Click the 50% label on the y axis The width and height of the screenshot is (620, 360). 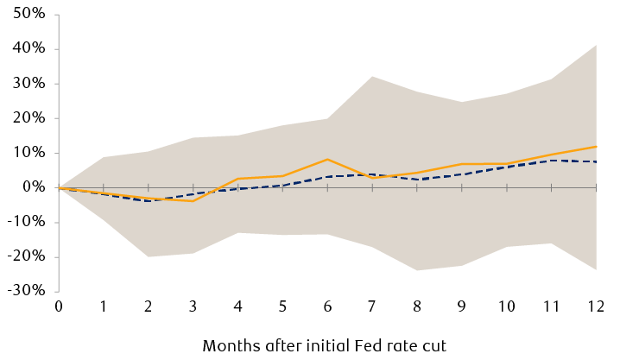pyautogui.click(x=28, y=15)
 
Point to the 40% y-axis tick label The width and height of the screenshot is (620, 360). pyautogui.click(x=28, y=49)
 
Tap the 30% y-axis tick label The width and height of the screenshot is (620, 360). pyautogui.click(x=28, y=84)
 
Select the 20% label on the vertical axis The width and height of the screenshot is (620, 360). pyautogui.click(x=28, y=118)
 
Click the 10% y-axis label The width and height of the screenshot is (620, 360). pyautogui.click(x=28, y=153)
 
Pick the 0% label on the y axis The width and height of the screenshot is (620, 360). pyautogui.click(x=32, y=187)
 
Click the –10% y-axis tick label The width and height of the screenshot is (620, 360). pyautogui.click(x=25, y=222)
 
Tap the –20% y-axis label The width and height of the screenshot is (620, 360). pyautogui.click(x=25, y=256)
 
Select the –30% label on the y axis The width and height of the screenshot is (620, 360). pyautogui.click(x=25, y=291)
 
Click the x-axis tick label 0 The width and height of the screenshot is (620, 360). pyautogui.click(x=59, y=306)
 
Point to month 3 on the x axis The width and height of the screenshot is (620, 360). pyautogui.click(x=193, y=306)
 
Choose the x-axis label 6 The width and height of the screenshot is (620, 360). pyautogui.click(x=327, y=306)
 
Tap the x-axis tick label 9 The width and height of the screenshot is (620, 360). pyautogui.click(x=461, y=306)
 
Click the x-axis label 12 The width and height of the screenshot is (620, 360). pyautogui.click(x=595, y=306)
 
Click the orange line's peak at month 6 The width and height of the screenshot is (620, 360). pyautogui.click(x=327, y=159)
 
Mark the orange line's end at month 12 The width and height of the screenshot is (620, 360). pyautogui.click(x=596, y=146)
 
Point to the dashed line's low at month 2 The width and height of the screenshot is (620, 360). pyautogui.click(x=149, y=201)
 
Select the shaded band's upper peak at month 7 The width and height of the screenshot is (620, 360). pyautogui.click(x=372, y=77)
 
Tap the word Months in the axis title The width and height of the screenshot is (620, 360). pyautogui.click(x=230, y=345)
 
